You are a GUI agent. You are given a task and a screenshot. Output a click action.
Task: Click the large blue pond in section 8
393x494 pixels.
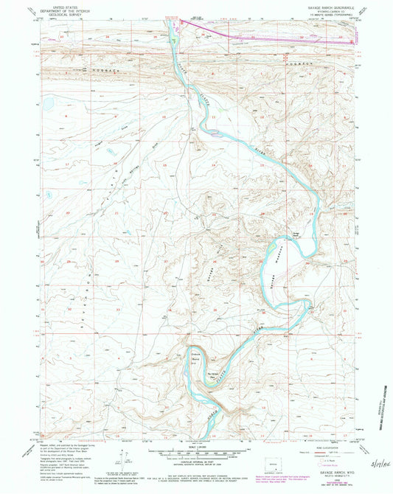pos(54,102)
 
